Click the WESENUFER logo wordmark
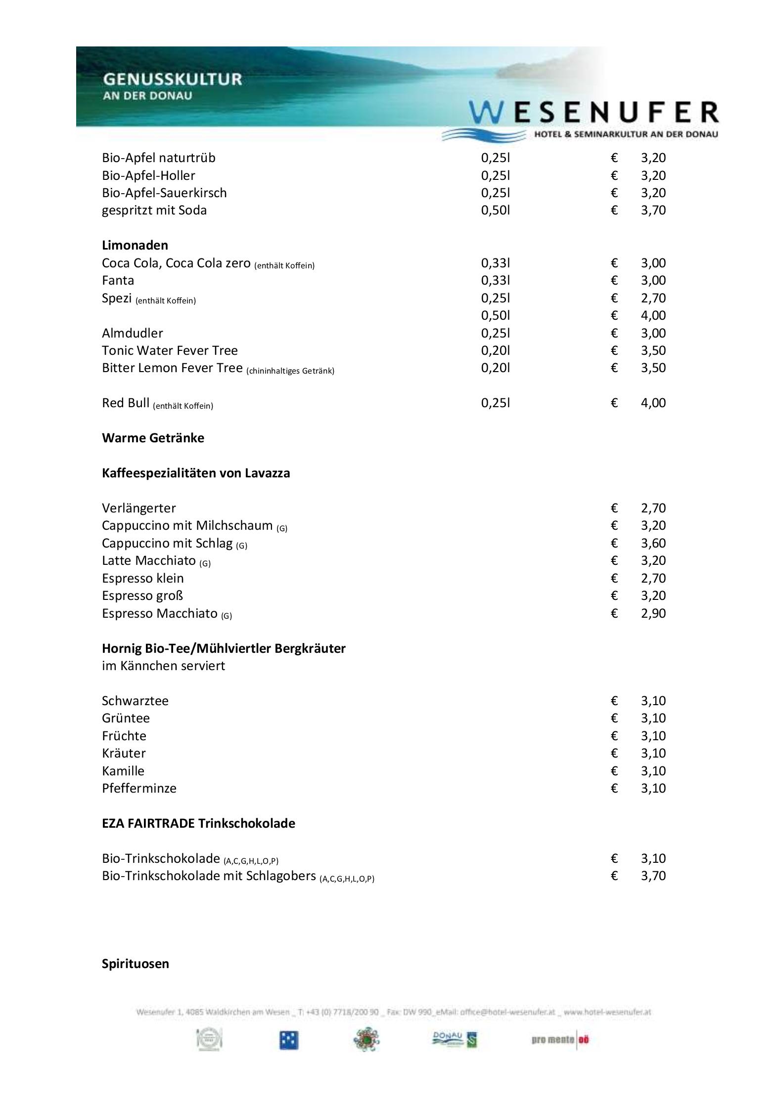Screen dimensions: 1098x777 coord(594,113)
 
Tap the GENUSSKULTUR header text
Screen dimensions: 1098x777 coord(172,79)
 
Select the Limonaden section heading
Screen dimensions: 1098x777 coord(135,245)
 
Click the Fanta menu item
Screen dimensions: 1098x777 coord(118,280)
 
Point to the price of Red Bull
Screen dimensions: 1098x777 coord(653,403)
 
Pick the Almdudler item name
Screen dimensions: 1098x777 coord(132,333)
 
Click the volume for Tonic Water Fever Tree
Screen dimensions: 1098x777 coord(495,350)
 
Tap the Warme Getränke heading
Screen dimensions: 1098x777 coord(153,438)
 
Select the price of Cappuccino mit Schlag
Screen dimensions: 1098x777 coord(653,543)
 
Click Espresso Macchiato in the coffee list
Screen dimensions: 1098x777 coord(159,613)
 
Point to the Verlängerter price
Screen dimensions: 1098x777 coord(653,508)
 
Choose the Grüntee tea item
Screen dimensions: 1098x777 coord(126,718)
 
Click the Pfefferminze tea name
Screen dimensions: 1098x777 coord(139,788)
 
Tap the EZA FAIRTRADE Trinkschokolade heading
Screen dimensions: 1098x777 coord(198,823)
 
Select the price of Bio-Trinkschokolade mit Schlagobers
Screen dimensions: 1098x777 coord(653,876)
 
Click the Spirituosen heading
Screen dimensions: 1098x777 coord(135,964)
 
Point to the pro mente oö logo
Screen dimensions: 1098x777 coord(560,1040)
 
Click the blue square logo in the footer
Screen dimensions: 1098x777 coord(288,1041)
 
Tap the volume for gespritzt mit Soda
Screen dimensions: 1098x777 coord(495,210)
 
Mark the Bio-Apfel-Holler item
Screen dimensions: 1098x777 coord(148,175)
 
